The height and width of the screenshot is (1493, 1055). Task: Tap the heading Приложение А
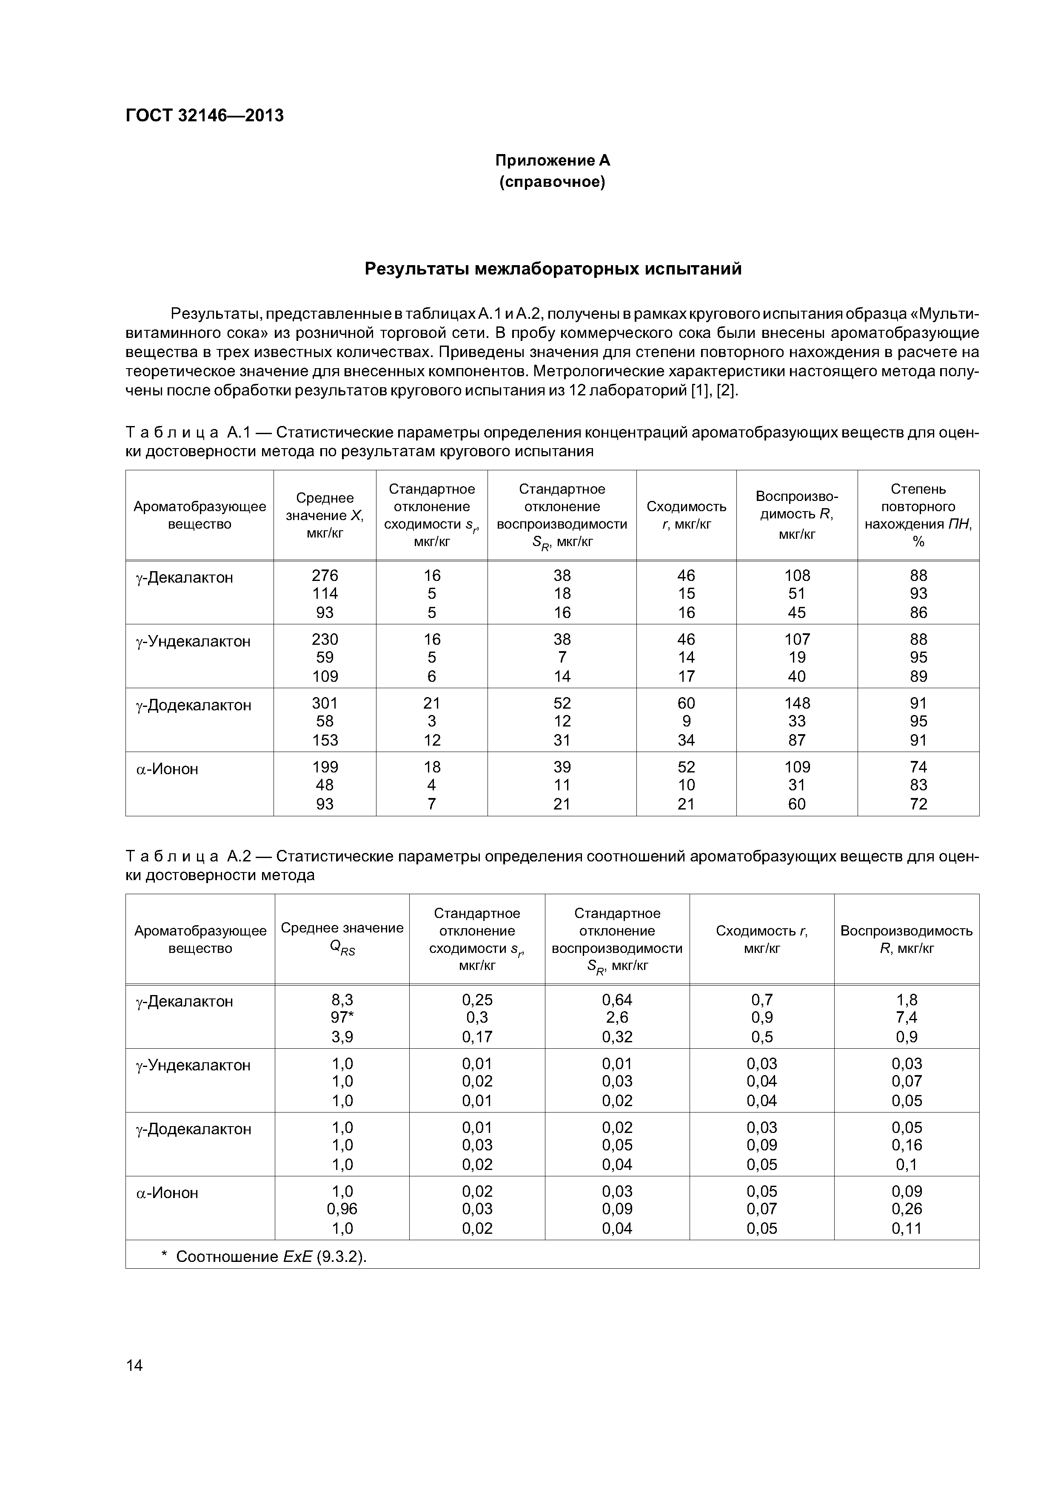[x=553, y=160]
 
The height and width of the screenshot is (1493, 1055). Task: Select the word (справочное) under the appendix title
[x=553, y=182]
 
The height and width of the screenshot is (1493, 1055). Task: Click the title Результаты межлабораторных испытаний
[x=553, y=269]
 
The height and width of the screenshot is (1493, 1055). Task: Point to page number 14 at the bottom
[x=134, y=1365]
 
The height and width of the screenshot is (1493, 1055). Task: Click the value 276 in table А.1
[x=325, y=575]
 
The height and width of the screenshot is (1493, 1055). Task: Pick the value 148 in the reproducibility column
[x=797, y=703]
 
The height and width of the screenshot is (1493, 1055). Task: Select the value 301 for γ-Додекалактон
[x=325, y=703]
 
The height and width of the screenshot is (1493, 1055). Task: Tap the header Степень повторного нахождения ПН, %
[x=918, y=515]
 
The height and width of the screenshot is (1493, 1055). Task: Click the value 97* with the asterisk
[x=342, y=1018]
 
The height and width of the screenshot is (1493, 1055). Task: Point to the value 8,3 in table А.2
[x=342, y=999]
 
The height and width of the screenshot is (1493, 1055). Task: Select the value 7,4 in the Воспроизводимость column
[x=906, y=1018]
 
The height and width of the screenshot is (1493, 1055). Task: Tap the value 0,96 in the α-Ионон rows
[x=342, y=1209]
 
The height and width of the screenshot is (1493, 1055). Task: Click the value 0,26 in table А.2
[x=906, y=1209]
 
